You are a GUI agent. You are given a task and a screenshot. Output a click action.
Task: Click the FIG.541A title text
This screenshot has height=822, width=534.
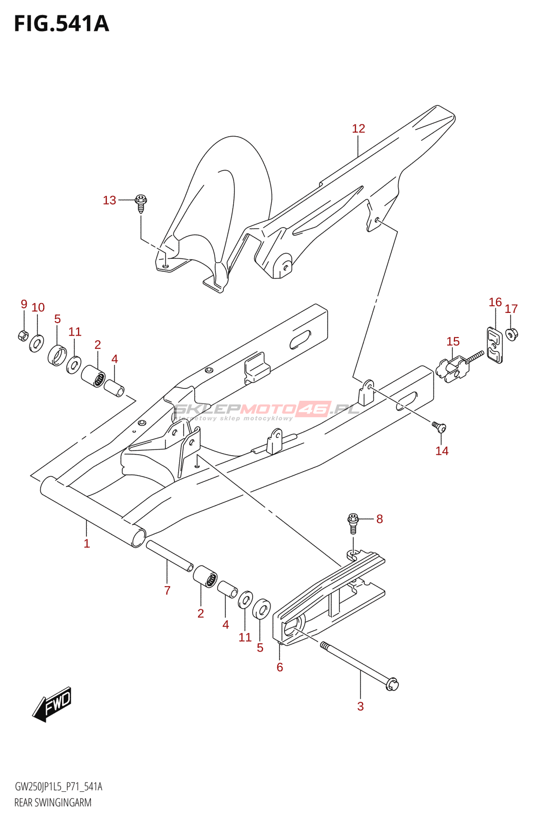62,24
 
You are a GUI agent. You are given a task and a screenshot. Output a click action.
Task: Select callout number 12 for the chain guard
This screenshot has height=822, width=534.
358,128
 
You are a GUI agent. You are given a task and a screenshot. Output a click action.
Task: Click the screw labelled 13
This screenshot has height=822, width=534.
141,202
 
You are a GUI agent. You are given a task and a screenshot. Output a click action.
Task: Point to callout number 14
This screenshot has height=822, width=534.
442,451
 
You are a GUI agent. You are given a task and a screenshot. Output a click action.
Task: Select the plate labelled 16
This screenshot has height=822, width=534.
494,345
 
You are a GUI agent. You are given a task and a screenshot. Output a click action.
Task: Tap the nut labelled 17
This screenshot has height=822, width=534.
511,333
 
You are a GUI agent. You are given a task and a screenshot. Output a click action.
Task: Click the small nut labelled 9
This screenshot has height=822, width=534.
23,335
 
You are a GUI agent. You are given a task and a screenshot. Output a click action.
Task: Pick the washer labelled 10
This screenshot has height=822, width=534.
36,342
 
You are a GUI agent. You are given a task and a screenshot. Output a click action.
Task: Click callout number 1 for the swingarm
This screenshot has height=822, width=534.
87,543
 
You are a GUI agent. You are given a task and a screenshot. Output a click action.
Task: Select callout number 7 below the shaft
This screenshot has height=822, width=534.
167,590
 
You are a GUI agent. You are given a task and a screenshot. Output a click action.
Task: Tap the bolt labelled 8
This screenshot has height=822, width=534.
353,520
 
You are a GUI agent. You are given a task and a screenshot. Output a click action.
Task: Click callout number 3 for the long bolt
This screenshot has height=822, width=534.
360,706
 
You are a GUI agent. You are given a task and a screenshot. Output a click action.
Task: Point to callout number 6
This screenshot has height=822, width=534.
280,667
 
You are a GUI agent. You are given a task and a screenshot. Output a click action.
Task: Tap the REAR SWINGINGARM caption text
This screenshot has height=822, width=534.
53,802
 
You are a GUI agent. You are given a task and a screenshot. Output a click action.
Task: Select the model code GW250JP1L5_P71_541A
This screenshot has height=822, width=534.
59,787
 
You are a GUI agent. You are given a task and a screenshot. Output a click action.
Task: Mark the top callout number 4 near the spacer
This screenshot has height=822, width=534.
115,359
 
